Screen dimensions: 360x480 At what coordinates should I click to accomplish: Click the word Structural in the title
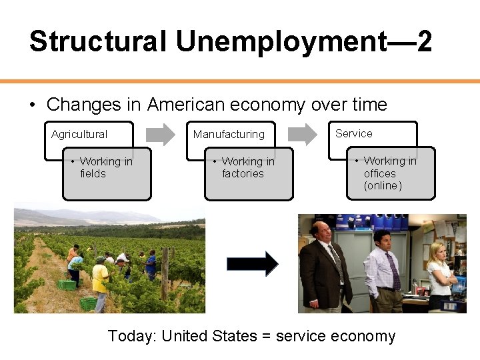[x=98, y=41]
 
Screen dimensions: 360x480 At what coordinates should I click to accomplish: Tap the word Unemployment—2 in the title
[x=303, y=41]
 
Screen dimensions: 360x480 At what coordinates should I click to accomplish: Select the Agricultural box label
[x=79, y=134]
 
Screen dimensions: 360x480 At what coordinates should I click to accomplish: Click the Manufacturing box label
[x=229, y=134]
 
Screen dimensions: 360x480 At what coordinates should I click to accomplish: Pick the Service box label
[x=354, y=133]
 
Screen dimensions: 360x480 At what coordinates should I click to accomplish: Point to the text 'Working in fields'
[x=105, y=167]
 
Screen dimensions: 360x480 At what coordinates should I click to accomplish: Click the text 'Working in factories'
[x=247, y=167]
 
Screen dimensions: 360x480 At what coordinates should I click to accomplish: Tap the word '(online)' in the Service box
[x=383, y=185]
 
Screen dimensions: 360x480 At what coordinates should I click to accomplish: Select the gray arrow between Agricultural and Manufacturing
[x=160, y=134]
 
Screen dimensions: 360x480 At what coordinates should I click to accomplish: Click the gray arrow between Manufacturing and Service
[x=303, y=134]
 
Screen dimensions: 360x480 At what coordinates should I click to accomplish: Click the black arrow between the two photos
[x=252, y=263]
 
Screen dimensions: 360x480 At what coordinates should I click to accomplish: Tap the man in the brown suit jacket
[x=325, y=267]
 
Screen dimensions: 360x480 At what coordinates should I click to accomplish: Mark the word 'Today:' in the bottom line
[x=132, y=336]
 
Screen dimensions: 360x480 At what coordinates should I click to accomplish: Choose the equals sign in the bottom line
[x=267, y=337]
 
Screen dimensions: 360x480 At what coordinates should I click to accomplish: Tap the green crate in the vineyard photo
[x=67, y=285]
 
